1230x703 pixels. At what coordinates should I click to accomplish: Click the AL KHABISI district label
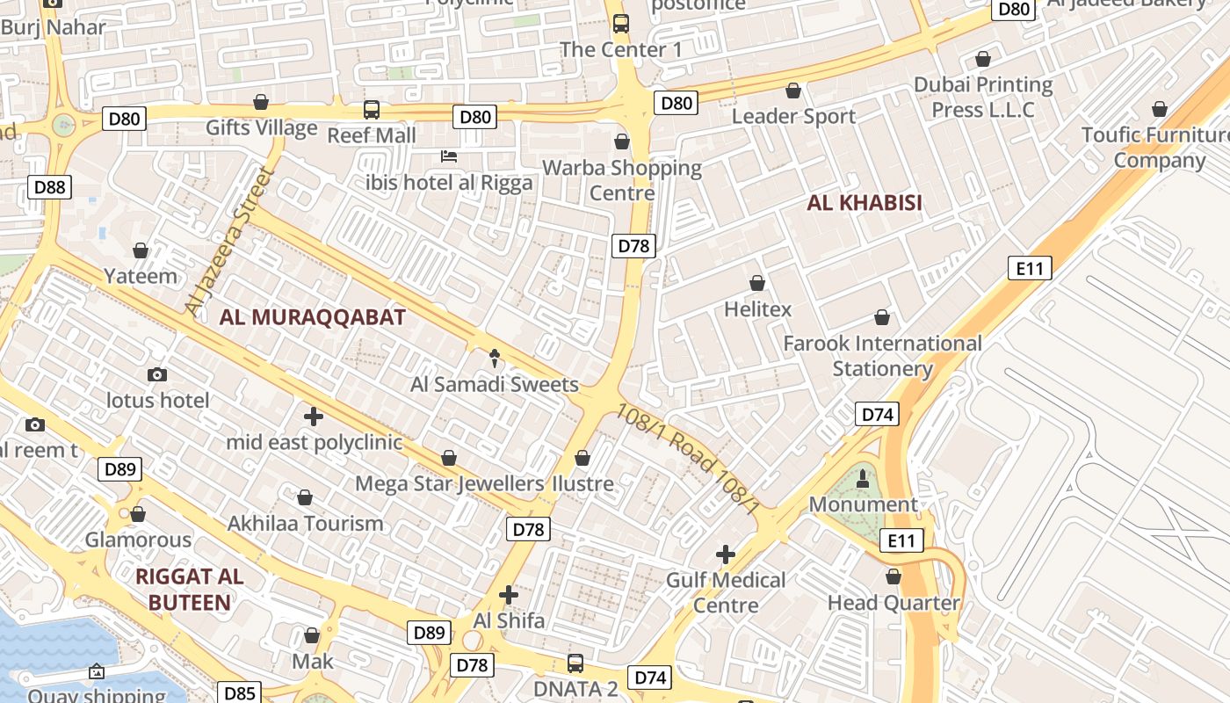(x=865, y=203)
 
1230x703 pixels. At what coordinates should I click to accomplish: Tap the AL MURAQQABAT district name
(x=312, y=317)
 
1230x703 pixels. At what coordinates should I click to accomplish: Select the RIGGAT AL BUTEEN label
(x=190, y=590)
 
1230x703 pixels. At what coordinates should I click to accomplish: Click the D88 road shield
(x=49, y=186)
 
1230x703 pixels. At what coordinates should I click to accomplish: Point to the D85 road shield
(x=239, y=693)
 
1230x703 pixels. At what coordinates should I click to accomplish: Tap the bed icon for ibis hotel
(x=449, y=156)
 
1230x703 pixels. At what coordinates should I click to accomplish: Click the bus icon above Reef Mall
(x=372, y=110)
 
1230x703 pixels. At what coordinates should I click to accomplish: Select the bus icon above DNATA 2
(x=575, y=663)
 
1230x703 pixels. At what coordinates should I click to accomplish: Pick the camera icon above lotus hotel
(x=157, y=375)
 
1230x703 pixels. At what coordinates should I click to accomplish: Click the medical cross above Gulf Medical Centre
(x=726, y=554)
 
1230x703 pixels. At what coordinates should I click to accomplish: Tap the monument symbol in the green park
(x=863, y=479)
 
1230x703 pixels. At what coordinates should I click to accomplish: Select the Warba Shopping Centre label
(x=622, y=180)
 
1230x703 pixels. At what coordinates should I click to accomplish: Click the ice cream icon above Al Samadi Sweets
(x=494, y=358)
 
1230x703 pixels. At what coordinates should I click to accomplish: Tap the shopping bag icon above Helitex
(x=757, y=283)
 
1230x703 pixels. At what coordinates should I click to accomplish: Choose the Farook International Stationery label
(x=882, y=355)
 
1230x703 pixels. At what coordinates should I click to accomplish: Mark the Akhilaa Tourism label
(x=305, y=523)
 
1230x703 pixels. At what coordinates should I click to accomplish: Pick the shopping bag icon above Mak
(x=312, y=635)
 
